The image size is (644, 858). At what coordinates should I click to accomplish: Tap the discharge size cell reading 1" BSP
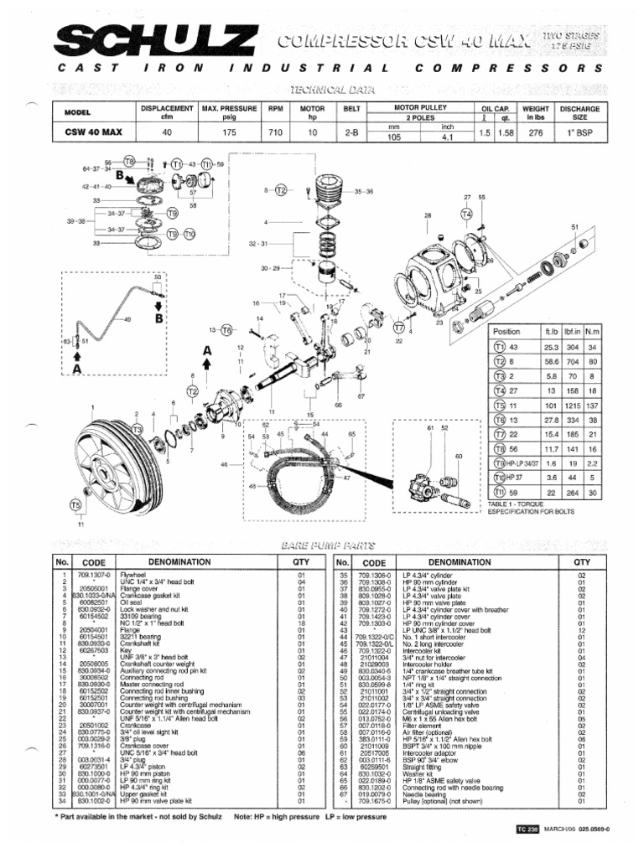pos(579,132)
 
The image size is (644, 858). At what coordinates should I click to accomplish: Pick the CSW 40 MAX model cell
pos(90,132)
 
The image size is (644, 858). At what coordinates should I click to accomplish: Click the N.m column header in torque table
pos(590,331)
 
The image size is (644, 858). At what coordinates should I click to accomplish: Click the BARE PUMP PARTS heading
pos(323,545)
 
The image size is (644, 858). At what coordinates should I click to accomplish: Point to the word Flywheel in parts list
pos(133,576)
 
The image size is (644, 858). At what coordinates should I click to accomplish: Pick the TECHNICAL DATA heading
pos(323,89)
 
